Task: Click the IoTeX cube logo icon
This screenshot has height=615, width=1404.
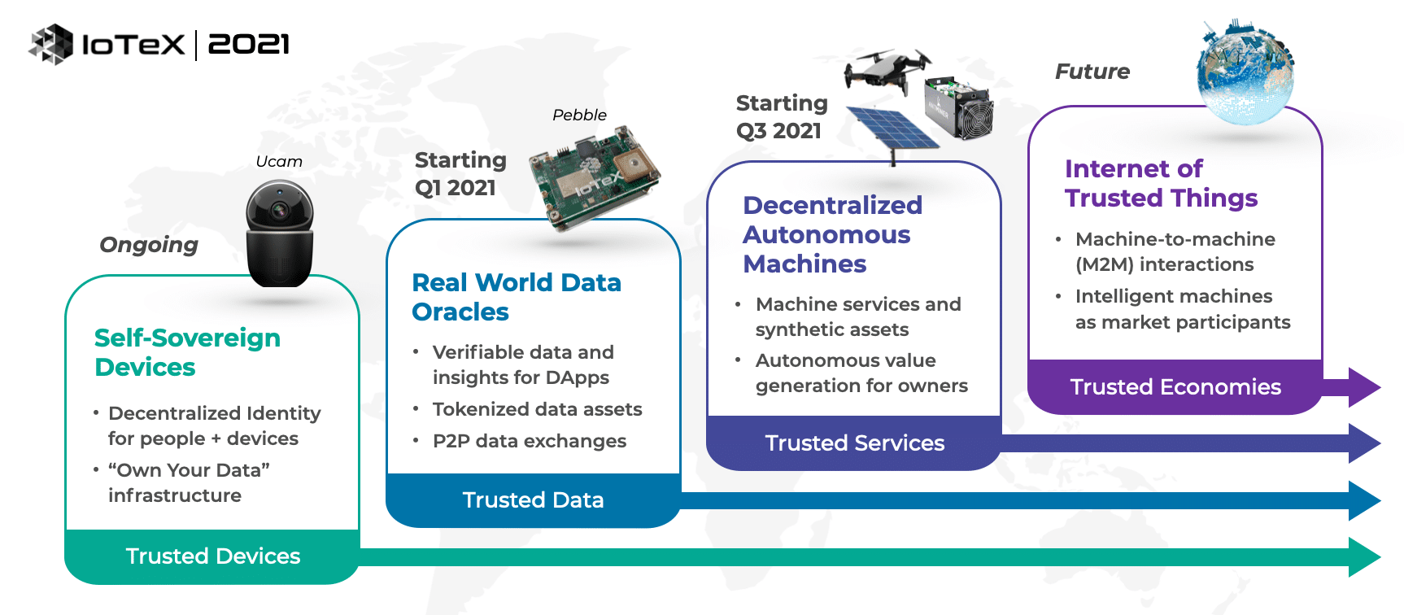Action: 50,44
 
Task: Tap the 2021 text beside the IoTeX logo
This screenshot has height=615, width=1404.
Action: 249,44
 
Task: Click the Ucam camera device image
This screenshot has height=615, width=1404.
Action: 280,233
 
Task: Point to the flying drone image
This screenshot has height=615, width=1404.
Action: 887,69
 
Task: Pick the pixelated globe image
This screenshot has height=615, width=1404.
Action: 1245,72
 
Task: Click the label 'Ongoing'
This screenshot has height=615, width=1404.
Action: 149,245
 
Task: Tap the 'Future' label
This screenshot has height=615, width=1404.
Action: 1092,72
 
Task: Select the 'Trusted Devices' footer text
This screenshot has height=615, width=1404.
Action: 213,556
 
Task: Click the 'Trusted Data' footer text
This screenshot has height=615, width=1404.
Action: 533,499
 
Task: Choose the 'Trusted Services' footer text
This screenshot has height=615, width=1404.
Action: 855,443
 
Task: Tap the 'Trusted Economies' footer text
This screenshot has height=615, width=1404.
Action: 1175,386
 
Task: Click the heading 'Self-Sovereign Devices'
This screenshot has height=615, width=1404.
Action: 187,352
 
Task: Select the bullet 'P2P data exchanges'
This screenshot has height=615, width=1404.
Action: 530,441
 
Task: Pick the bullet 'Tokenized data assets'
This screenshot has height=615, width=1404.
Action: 537,409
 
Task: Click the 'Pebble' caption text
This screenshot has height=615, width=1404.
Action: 579,115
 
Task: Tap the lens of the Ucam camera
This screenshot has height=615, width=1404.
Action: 280,210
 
